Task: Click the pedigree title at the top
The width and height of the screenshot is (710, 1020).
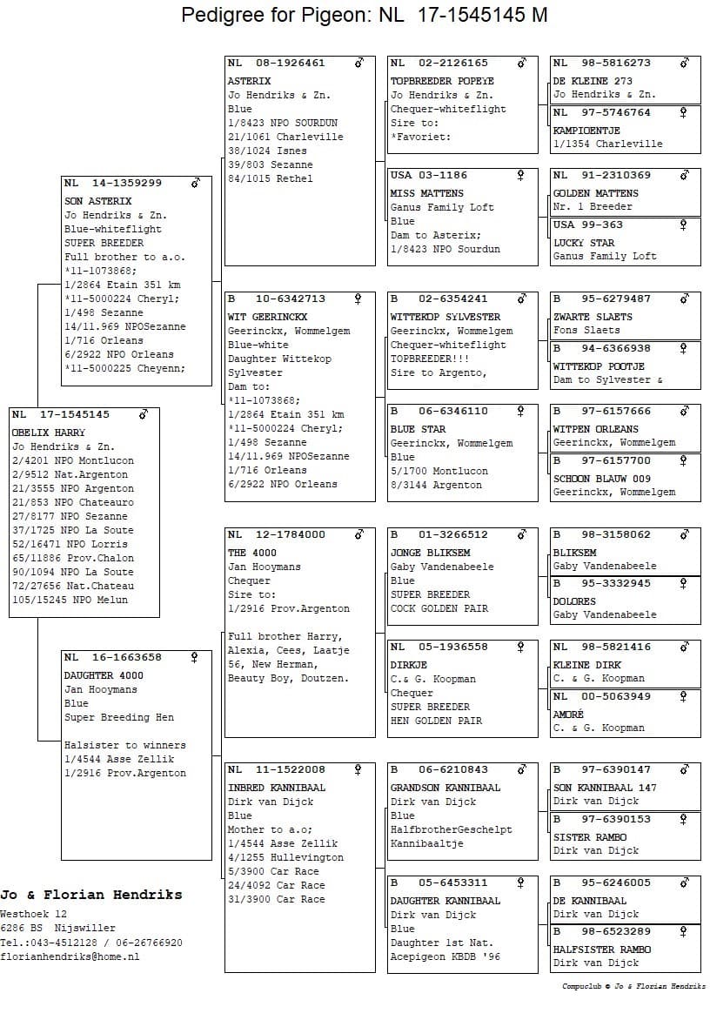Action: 364,15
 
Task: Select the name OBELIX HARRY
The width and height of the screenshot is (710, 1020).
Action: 49,433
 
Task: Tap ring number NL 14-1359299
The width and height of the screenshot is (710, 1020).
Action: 113,184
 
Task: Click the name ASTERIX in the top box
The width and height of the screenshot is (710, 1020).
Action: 249,81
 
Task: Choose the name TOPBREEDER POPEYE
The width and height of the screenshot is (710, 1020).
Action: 435,81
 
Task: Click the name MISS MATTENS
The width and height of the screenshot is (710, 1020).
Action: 426,193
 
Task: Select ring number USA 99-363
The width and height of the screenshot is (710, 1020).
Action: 588,225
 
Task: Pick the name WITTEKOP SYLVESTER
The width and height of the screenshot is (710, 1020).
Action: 445,317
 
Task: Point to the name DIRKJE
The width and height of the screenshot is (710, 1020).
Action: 407,665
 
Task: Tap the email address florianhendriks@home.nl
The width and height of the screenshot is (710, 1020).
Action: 70,956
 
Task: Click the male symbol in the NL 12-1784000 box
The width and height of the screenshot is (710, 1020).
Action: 358,534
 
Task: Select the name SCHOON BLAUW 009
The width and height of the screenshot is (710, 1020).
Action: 601,479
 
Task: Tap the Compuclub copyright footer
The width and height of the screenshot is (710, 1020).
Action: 633,987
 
